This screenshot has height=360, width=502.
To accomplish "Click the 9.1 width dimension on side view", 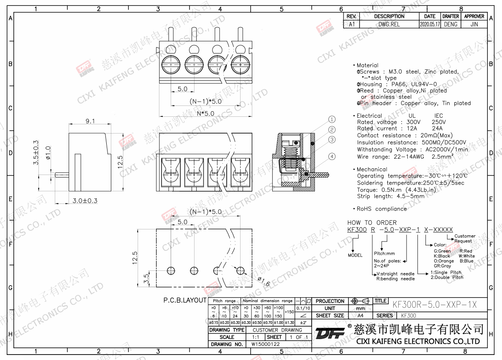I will (x=90, y=121).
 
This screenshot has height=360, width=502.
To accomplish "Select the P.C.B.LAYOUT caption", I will (x=184, y=301).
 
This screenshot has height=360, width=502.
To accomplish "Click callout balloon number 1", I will (x=332, y=119).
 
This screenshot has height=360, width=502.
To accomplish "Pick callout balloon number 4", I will (x=332, y=157).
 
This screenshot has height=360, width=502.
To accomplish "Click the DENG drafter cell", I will (x=451, y=24).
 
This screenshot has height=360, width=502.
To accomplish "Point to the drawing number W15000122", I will (x=265, y=344).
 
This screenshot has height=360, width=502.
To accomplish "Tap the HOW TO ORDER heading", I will (x=372, y=223).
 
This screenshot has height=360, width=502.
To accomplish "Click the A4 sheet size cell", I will (x=360, y=316).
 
